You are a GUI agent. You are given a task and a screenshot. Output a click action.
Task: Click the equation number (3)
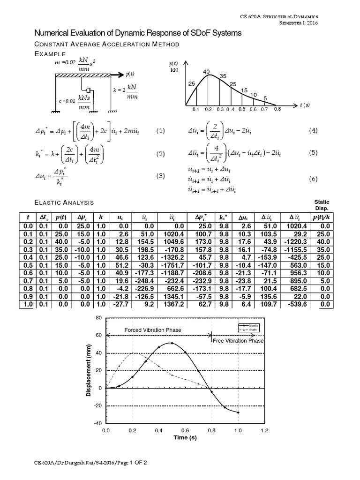pos(161,176)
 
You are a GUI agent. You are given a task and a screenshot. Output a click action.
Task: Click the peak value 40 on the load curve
pos(206,71)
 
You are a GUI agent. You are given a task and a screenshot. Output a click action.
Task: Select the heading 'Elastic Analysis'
pos(65,202)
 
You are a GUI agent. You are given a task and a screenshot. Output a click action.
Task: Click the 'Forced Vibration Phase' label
pos(152,330)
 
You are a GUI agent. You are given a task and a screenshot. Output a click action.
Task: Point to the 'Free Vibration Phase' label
pos(238,341)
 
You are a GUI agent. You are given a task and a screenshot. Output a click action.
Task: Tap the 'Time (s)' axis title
pos(186,437)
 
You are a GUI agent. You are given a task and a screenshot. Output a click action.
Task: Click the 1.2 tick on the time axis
pos(265,430)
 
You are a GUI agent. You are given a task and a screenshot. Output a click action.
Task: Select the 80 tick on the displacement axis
pos(98,318)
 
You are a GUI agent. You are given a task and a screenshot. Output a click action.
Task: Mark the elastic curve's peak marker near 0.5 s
pos(172,343)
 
